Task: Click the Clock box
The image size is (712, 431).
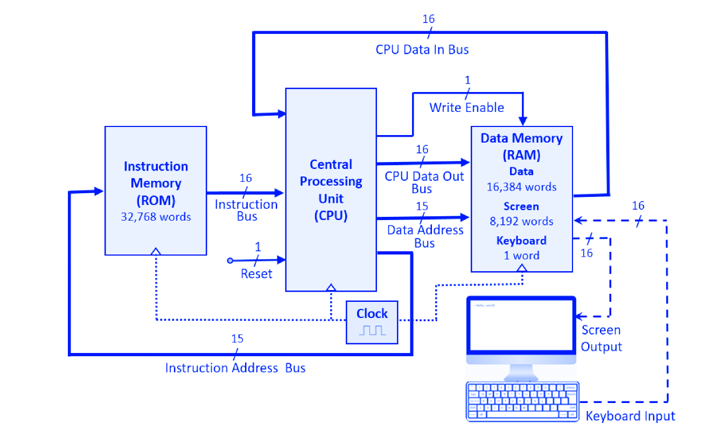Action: (372, 322)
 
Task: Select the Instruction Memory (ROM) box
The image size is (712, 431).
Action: (156, 190)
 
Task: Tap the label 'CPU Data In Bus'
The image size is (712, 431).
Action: (422, 50)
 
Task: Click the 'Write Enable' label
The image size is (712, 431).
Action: (466, 108)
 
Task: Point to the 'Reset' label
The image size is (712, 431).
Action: (256, 274)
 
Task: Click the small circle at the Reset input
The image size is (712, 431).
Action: (231, 261)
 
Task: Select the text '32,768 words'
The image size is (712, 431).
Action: (156, 217)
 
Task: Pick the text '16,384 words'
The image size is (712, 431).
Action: (521, 187)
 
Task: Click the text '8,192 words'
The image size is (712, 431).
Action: (521, 221)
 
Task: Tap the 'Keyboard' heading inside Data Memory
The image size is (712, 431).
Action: (521, 241)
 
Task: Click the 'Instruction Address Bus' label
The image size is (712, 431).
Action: (235, 368)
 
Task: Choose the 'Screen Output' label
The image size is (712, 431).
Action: (601, 338)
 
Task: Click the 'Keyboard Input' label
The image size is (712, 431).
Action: (630, 416)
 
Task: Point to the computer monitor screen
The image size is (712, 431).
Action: (521, 325)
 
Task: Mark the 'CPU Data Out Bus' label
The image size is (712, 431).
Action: (424, 182)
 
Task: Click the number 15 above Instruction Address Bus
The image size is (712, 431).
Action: (237, 339)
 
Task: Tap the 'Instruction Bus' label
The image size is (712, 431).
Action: (246, 210)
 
